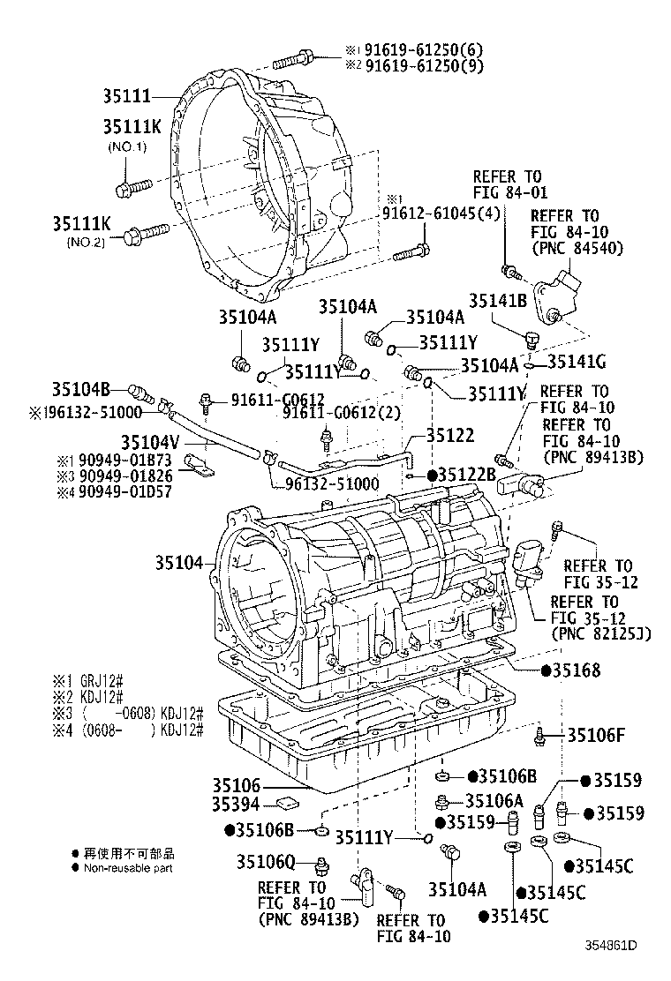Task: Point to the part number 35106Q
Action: pos(268,860)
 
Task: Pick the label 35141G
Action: pos(577,361)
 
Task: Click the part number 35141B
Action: pos(498,301)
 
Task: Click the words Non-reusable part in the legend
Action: pos(128,868)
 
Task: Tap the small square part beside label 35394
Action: pos(285,803)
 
